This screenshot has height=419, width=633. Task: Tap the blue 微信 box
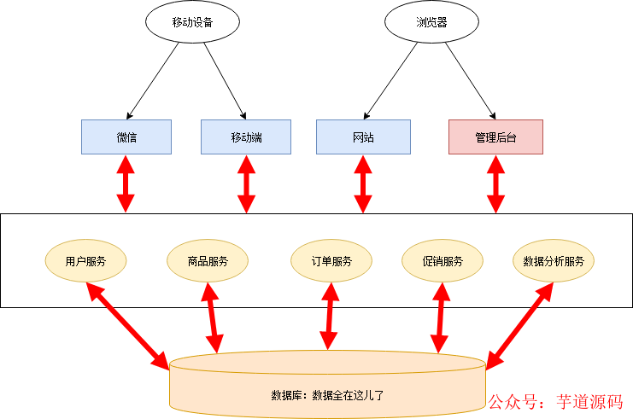(126, 137)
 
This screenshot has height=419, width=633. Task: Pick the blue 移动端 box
(246, 137)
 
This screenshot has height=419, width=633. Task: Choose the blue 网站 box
(363, 137)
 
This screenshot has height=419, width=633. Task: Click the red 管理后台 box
(495, 137)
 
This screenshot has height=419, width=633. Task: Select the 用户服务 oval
(85, 261)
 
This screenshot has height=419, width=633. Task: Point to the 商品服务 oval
(208, 261)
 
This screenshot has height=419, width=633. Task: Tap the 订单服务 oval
(331, 261)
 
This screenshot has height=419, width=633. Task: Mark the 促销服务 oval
(443, 261)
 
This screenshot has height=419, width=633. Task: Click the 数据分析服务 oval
(553, 261)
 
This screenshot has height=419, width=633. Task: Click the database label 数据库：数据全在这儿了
(327, 395)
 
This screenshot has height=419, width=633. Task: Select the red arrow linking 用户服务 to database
(128, 325)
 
